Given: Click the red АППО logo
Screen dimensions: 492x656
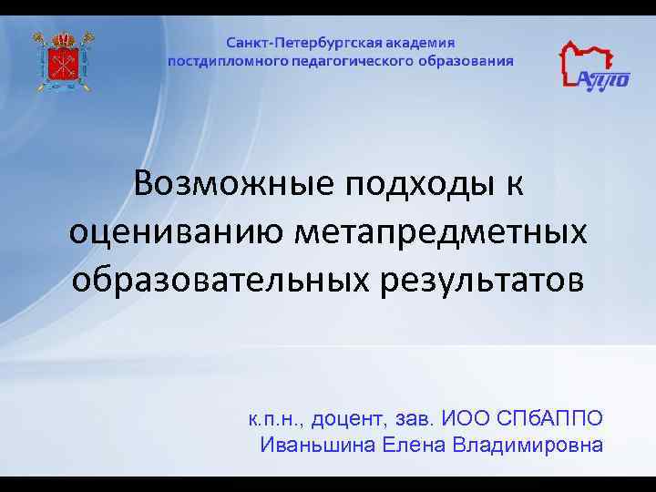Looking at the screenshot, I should [x=593, y=67].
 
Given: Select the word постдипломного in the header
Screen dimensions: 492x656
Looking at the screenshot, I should [x=225, y=61].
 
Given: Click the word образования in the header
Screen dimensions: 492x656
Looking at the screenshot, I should [x=466, y=61].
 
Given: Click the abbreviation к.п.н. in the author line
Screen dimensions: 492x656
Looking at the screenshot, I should [x=276, y=420].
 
